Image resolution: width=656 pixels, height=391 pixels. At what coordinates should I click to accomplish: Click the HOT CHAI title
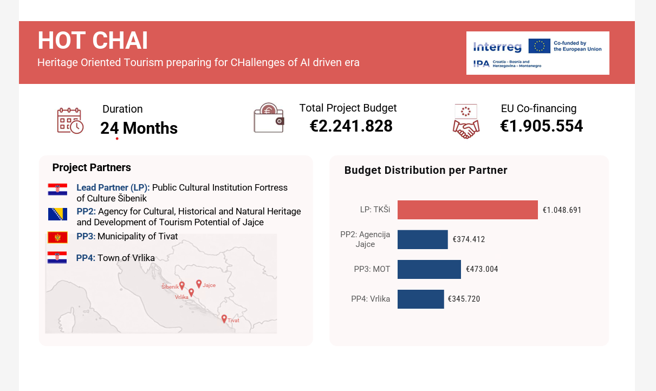[x=93, y=41]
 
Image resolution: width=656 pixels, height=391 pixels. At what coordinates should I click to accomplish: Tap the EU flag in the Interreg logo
[x=539, y=46]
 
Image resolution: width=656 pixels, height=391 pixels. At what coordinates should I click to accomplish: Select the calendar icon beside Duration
[x=70, y=120]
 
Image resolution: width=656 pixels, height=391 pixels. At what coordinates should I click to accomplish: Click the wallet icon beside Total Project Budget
[x=269, y=118]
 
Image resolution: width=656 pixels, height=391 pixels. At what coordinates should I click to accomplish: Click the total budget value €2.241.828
[x=351, y=126]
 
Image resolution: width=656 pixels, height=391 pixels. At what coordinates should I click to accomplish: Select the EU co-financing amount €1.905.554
[x=541, y=126]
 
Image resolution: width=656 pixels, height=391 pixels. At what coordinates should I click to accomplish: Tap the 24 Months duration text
[x=139, y=128]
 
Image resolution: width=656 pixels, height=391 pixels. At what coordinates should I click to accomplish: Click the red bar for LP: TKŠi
[x=467, y=210]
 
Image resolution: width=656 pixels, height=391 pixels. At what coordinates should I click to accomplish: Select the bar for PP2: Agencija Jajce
[x=423, y=239]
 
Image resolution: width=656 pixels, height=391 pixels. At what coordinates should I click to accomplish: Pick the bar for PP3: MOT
[x=429, y=269]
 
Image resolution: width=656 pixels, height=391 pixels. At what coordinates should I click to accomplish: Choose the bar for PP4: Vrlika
[x=420, y=299]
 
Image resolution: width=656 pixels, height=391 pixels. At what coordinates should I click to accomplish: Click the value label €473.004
[x=482, y=269]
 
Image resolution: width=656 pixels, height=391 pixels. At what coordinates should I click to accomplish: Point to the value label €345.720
[x=464, y=299]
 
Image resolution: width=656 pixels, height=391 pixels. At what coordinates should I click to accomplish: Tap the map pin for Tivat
[x=224, y=318]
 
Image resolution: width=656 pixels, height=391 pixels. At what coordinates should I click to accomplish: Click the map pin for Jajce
[x=199, y=283]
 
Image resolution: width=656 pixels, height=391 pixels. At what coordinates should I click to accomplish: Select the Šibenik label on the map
[x=170, y=286]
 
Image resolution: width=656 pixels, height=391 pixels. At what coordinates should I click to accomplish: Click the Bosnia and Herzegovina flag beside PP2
[x=57, y=214]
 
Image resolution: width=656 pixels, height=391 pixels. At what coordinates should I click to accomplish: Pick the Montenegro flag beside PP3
[x=57, y=237]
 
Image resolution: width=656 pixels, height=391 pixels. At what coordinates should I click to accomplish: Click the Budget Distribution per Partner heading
[x=426, y=171]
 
